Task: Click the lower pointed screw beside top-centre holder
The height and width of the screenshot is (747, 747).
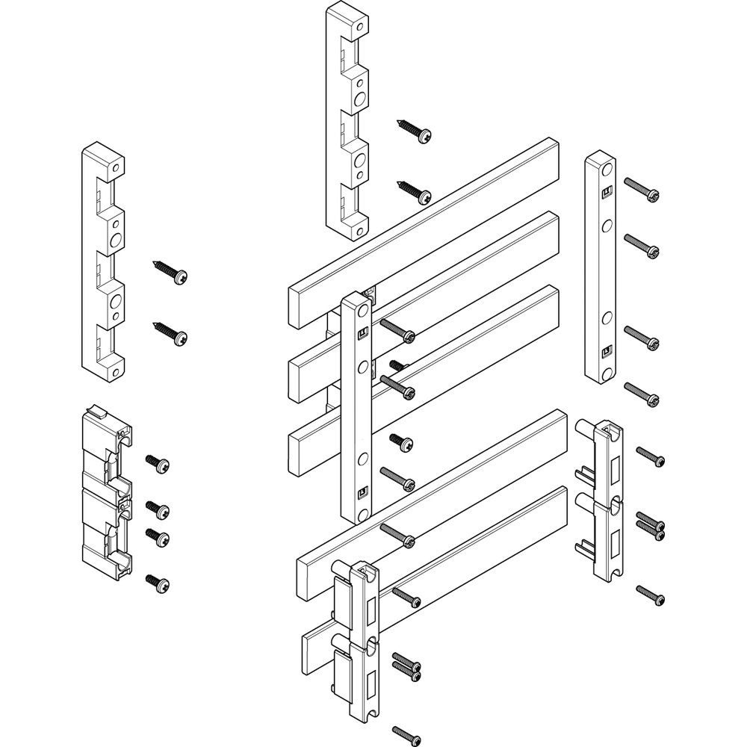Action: [x=415, y=190]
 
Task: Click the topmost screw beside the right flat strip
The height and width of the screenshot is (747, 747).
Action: [x=642, y=190]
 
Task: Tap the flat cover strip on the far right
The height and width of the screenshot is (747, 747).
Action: [x=600, y=269]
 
